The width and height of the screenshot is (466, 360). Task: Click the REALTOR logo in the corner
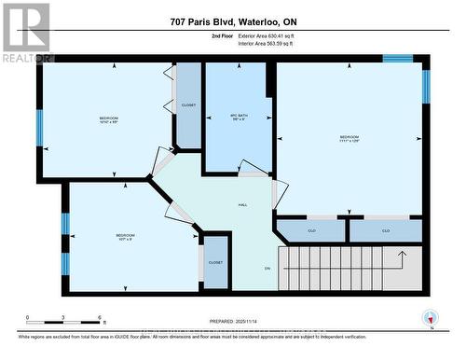26,32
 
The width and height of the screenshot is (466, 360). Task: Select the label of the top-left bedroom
109,120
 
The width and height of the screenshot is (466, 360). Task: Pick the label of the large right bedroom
349,141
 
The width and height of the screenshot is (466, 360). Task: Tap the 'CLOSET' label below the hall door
215,263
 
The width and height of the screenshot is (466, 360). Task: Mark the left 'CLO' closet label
312,230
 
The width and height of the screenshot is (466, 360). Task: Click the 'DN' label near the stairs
266,268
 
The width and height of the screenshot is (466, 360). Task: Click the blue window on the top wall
398,59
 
